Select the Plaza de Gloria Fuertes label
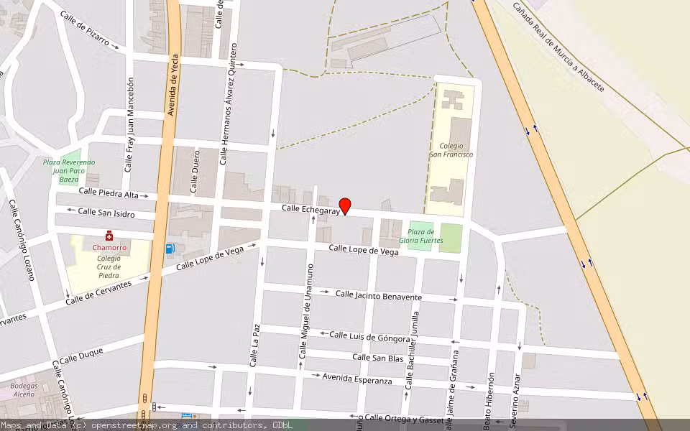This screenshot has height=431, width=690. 420,236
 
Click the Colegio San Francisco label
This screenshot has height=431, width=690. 451,150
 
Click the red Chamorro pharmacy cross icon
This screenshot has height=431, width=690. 109,236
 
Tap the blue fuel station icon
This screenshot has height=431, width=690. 170,249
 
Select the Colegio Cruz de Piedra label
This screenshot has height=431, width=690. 109,266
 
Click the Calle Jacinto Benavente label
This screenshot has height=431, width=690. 379,295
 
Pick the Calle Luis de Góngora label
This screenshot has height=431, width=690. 369,336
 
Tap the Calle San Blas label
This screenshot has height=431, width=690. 377,357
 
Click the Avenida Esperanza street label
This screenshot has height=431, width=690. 357,378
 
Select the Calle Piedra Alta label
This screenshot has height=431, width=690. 109,193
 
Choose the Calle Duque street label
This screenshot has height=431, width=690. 81,355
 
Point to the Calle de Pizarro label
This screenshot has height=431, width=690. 85,28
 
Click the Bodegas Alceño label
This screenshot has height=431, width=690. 24,389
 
